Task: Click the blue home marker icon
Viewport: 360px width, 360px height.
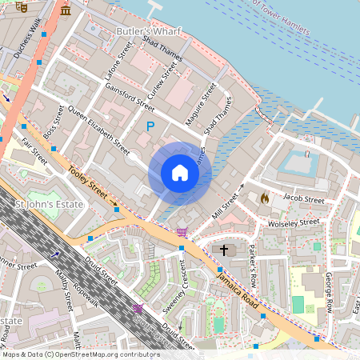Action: pyautogui.click(x=180, y=173)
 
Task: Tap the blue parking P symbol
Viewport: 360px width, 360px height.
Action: pyautogui.click(x=149, y=126)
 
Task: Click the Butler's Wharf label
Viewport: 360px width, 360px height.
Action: pyautogui.click(x=148, y=31)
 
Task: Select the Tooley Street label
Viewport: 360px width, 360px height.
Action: pyautogui.click(x=88, y=182)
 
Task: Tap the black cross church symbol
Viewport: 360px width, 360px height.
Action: pyautogui.click(x=224, y=250)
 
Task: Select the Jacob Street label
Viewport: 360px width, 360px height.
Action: pyautogui.click(x=304, y=200)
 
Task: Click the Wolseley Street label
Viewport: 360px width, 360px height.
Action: pyautogui.click(x=294, y=223)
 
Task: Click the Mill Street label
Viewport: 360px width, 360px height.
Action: pyautogui.click(x=228, y=204)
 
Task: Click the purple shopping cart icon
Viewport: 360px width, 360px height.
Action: pyautogui.click(x=183, y=232)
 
